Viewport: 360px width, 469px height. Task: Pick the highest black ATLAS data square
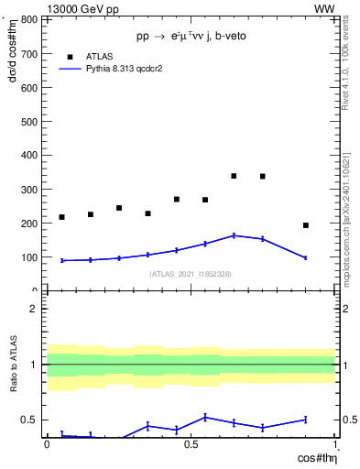(x=234, y=175)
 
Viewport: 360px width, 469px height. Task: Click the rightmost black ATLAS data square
(x=306, y=225)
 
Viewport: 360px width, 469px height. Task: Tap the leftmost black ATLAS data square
(x=61, y=217)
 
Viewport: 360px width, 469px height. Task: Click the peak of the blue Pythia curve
(x=234, y=235)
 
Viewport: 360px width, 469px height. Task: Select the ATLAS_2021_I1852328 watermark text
(x=190, y=274)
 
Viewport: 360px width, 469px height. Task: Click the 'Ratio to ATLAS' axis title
(x=14, y=365)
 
